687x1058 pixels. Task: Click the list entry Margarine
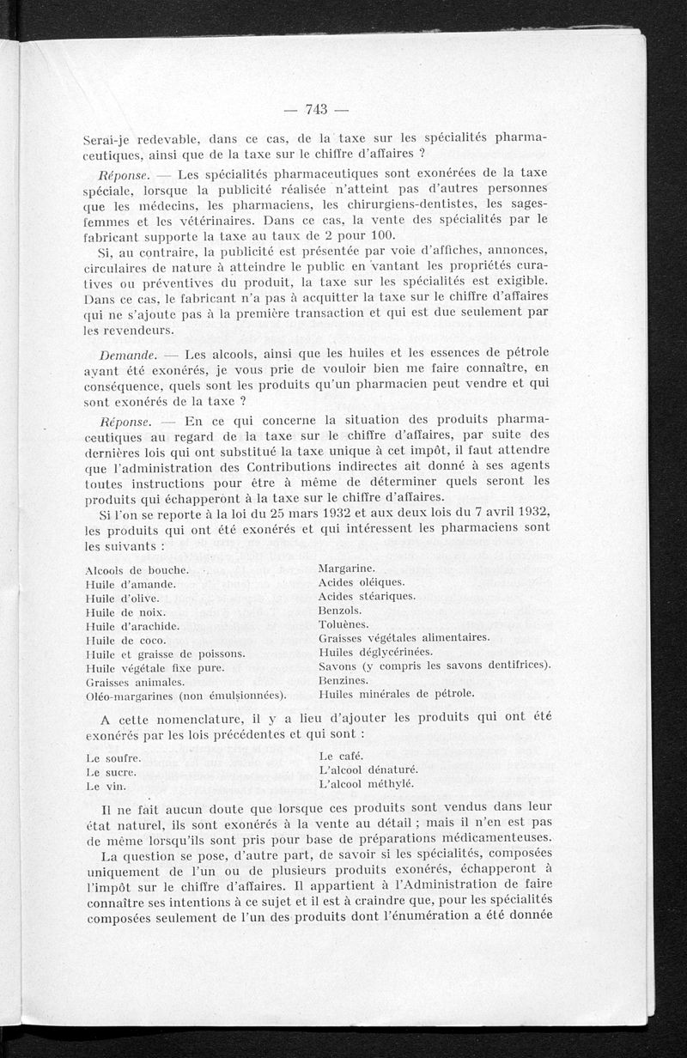click(345, 569)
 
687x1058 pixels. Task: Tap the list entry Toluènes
click(343, 623)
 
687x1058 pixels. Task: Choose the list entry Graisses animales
click(136, 681)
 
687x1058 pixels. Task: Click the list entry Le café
click(342, 757)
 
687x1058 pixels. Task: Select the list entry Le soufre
click(113, 759)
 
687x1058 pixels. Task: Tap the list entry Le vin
click(106, 787)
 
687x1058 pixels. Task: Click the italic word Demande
click(125, 354)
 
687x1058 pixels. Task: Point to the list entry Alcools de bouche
click(137, 570)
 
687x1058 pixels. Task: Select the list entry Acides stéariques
click(367, 596)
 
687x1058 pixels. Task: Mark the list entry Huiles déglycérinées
click(375, 651)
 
